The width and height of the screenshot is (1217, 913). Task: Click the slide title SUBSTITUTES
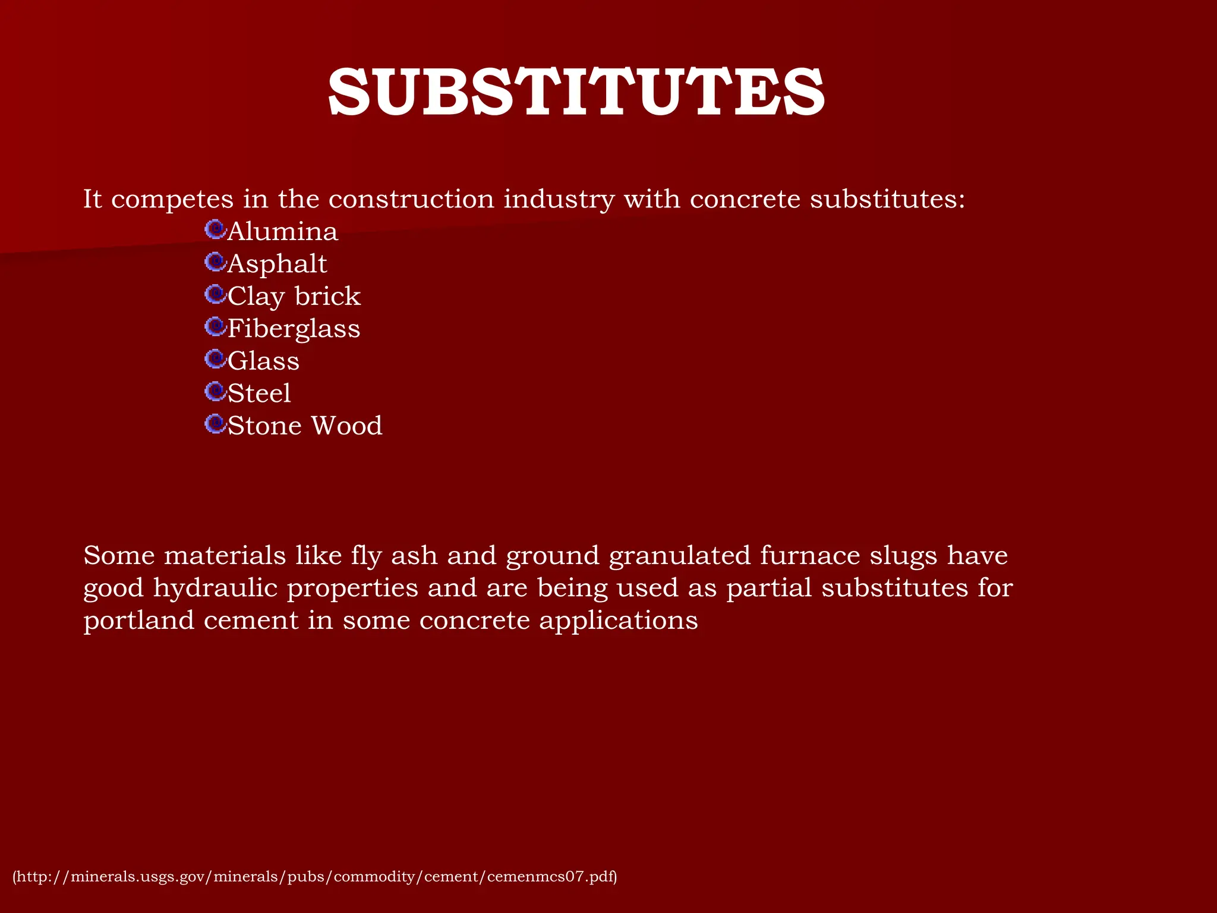[576, 93]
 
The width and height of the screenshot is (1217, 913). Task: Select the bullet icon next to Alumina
[215, 229]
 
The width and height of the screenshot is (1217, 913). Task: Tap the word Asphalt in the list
[277, 264]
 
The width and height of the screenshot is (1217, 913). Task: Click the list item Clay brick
[294, 297]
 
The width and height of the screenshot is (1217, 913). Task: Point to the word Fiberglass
[294, 329]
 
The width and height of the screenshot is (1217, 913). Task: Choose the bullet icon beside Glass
[215, 359]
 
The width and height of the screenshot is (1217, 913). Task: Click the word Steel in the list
[259, 393]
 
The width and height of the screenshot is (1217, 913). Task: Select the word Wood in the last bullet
[346, 426]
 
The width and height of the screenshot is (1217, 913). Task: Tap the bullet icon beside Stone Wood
[215, 424]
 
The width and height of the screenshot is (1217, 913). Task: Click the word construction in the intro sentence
[411, 199]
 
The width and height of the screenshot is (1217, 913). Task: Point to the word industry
[559, 199]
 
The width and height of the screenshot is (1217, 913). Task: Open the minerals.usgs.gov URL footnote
[315, 877]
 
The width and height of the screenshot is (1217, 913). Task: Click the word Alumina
[283, 231]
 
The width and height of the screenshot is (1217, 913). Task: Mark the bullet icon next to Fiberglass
[215, 326]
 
